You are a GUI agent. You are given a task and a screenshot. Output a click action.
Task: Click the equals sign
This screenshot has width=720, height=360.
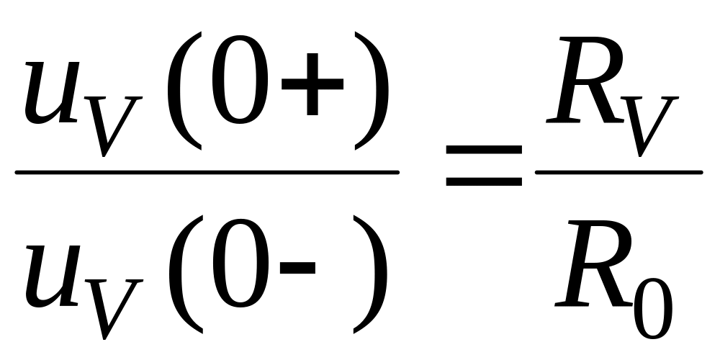tap(483, 165)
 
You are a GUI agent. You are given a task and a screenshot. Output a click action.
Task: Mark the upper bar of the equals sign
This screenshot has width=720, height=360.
tap(483, 150)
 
